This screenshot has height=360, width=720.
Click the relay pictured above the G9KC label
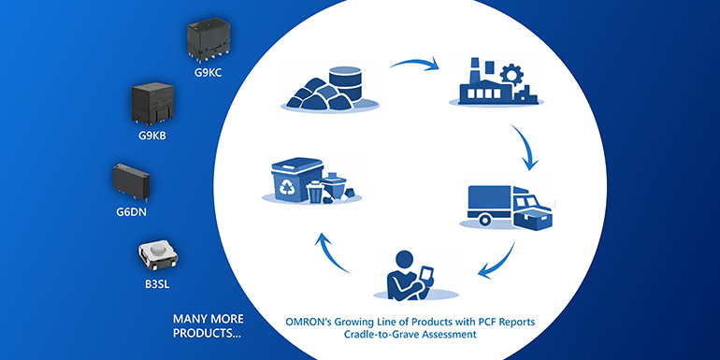click(x=208, y=37)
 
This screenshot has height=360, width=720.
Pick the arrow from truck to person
click(x=496, y=263)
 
